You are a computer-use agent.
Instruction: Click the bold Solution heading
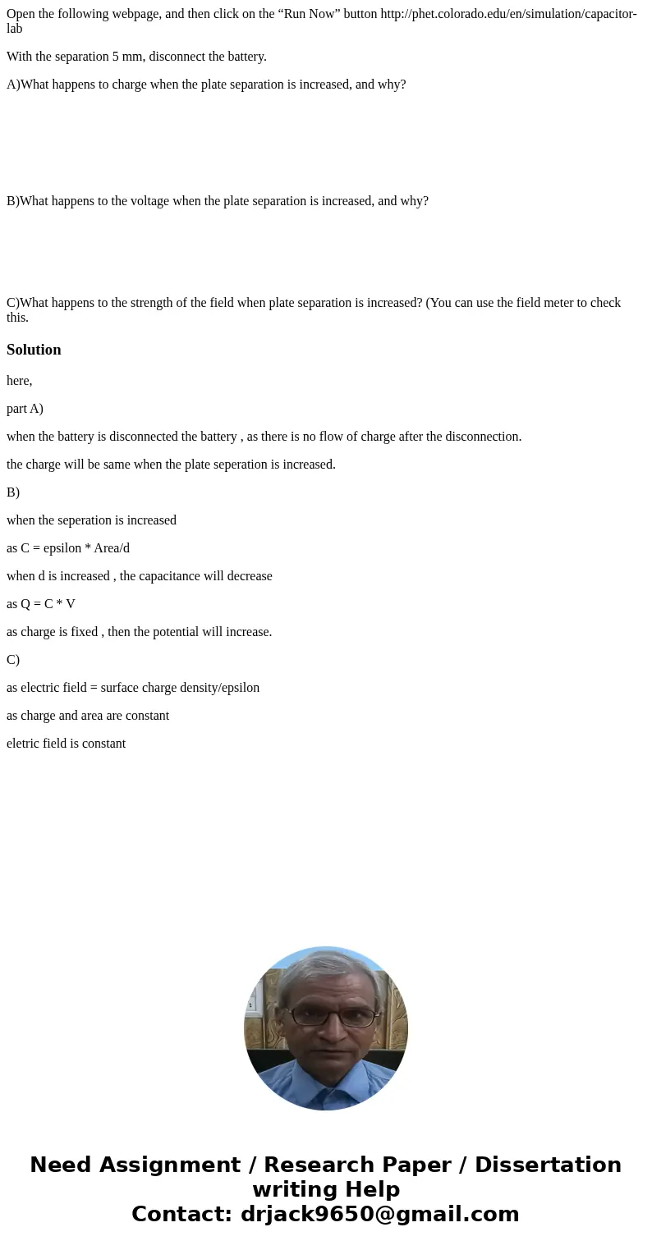34,350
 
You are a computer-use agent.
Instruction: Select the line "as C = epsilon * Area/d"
68,548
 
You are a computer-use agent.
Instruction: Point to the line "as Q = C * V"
41,604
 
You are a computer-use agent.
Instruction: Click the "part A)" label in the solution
25,409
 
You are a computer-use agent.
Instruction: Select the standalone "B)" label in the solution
13,492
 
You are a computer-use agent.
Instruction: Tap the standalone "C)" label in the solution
13,660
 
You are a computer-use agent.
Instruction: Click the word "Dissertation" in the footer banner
548,1165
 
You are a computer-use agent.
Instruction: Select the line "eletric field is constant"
67,744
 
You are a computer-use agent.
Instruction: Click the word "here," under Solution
20,381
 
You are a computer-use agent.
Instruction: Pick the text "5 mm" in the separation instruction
126,57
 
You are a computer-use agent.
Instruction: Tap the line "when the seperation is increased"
91,520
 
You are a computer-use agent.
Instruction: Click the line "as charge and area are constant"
88,716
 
